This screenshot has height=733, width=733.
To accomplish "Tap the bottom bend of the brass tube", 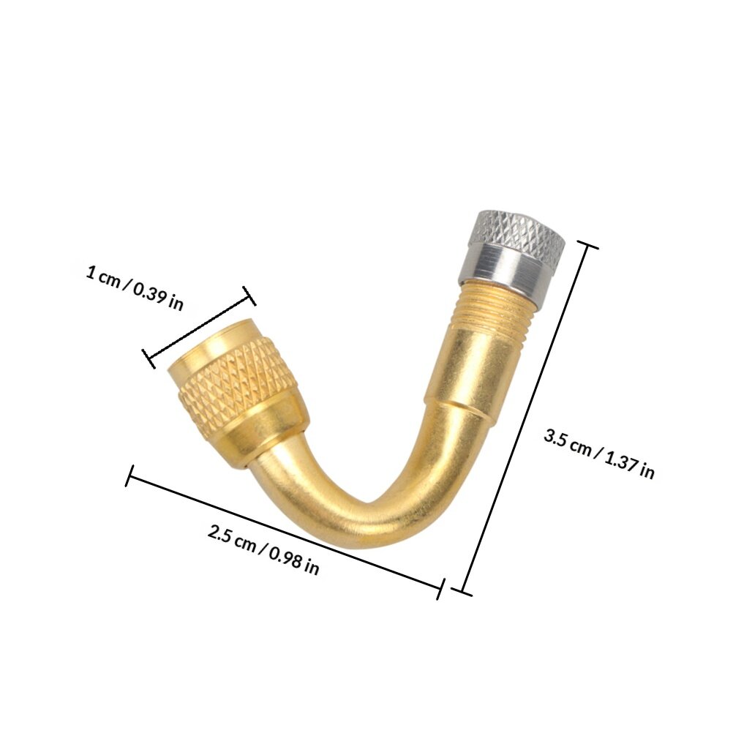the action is (369, 519).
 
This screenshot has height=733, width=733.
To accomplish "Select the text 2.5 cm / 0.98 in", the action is (263, 549).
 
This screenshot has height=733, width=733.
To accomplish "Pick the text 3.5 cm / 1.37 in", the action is (599, 454).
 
